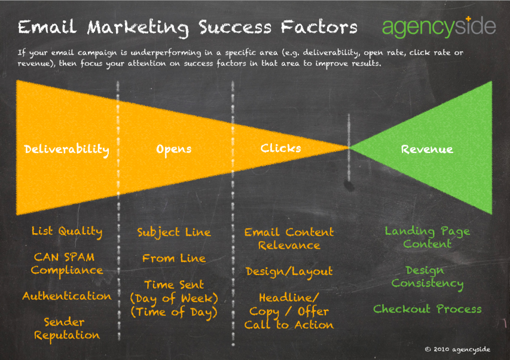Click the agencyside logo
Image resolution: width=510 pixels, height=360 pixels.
[x=439, y=27]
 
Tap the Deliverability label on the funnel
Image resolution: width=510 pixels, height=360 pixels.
[x=67, y=150]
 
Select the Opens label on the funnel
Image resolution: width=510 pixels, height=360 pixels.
[x=173, y=150]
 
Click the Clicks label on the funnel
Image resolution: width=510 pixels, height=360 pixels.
[x=280, y=148]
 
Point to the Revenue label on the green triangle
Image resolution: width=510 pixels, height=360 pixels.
[x=427, y=150]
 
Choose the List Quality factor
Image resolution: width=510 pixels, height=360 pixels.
[x=67, y=231]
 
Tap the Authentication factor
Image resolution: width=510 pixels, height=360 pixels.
[x=67, y=296]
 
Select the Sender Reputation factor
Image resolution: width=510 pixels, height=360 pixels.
[x=67, y=329]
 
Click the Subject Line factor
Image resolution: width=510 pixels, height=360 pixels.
[x=173, y=233]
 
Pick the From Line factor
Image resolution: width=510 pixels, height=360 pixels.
[x=173, y=258]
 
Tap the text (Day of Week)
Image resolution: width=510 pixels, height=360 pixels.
[x=173, y=298]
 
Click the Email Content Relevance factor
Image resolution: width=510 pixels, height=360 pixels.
[x=289, y=239]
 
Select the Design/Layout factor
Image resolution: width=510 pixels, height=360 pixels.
[x=289, y=272]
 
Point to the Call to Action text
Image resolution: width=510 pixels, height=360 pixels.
[x=289, y=325]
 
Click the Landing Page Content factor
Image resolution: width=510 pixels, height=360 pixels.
[x=427, y=237]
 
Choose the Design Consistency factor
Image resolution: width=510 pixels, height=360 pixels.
[x=427, y=277]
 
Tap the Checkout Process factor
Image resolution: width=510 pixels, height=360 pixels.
[x=427, y=309]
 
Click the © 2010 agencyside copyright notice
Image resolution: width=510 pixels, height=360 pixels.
[x=457, y=350]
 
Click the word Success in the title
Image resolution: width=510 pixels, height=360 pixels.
[x=235, y=27]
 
